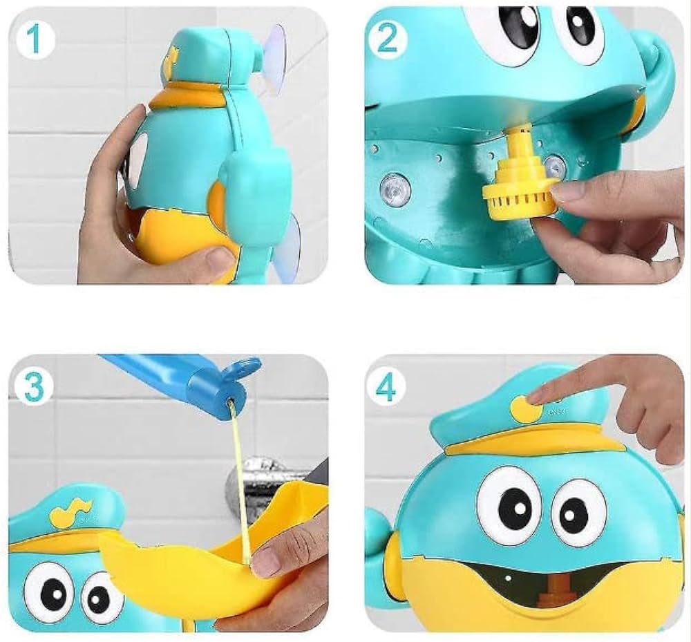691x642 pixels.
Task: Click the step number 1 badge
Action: tap(35, 39)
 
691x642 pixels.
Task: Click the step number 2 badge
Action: tap(388, 39)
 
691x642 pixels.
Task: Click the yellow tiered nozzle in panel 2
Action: tap(516, 177)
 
